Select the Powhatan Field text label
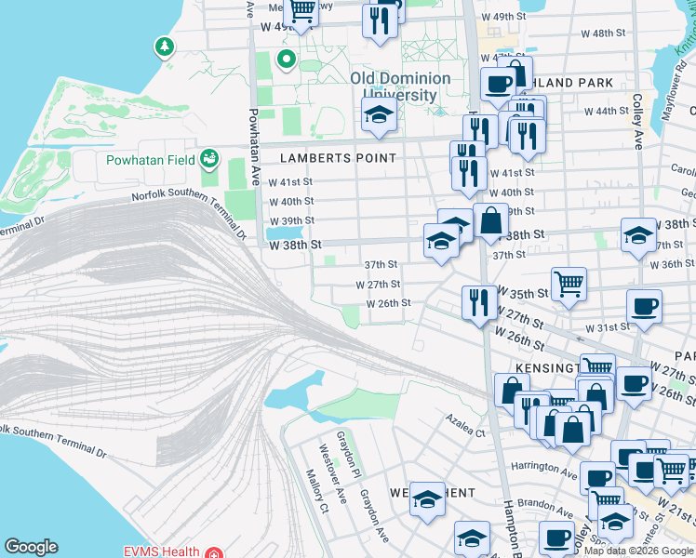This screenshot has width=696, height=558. click(x=150, y=160)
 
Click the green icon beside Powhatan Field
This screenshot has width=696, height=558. click(x=210, y=159)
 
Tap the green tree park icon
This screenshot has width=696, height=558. click(x=166, y=46)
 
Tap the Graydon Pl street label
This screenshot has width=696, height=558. click(x=343, y=450)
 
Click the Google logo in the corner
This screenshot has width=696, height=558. click(x=32, y=547)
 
